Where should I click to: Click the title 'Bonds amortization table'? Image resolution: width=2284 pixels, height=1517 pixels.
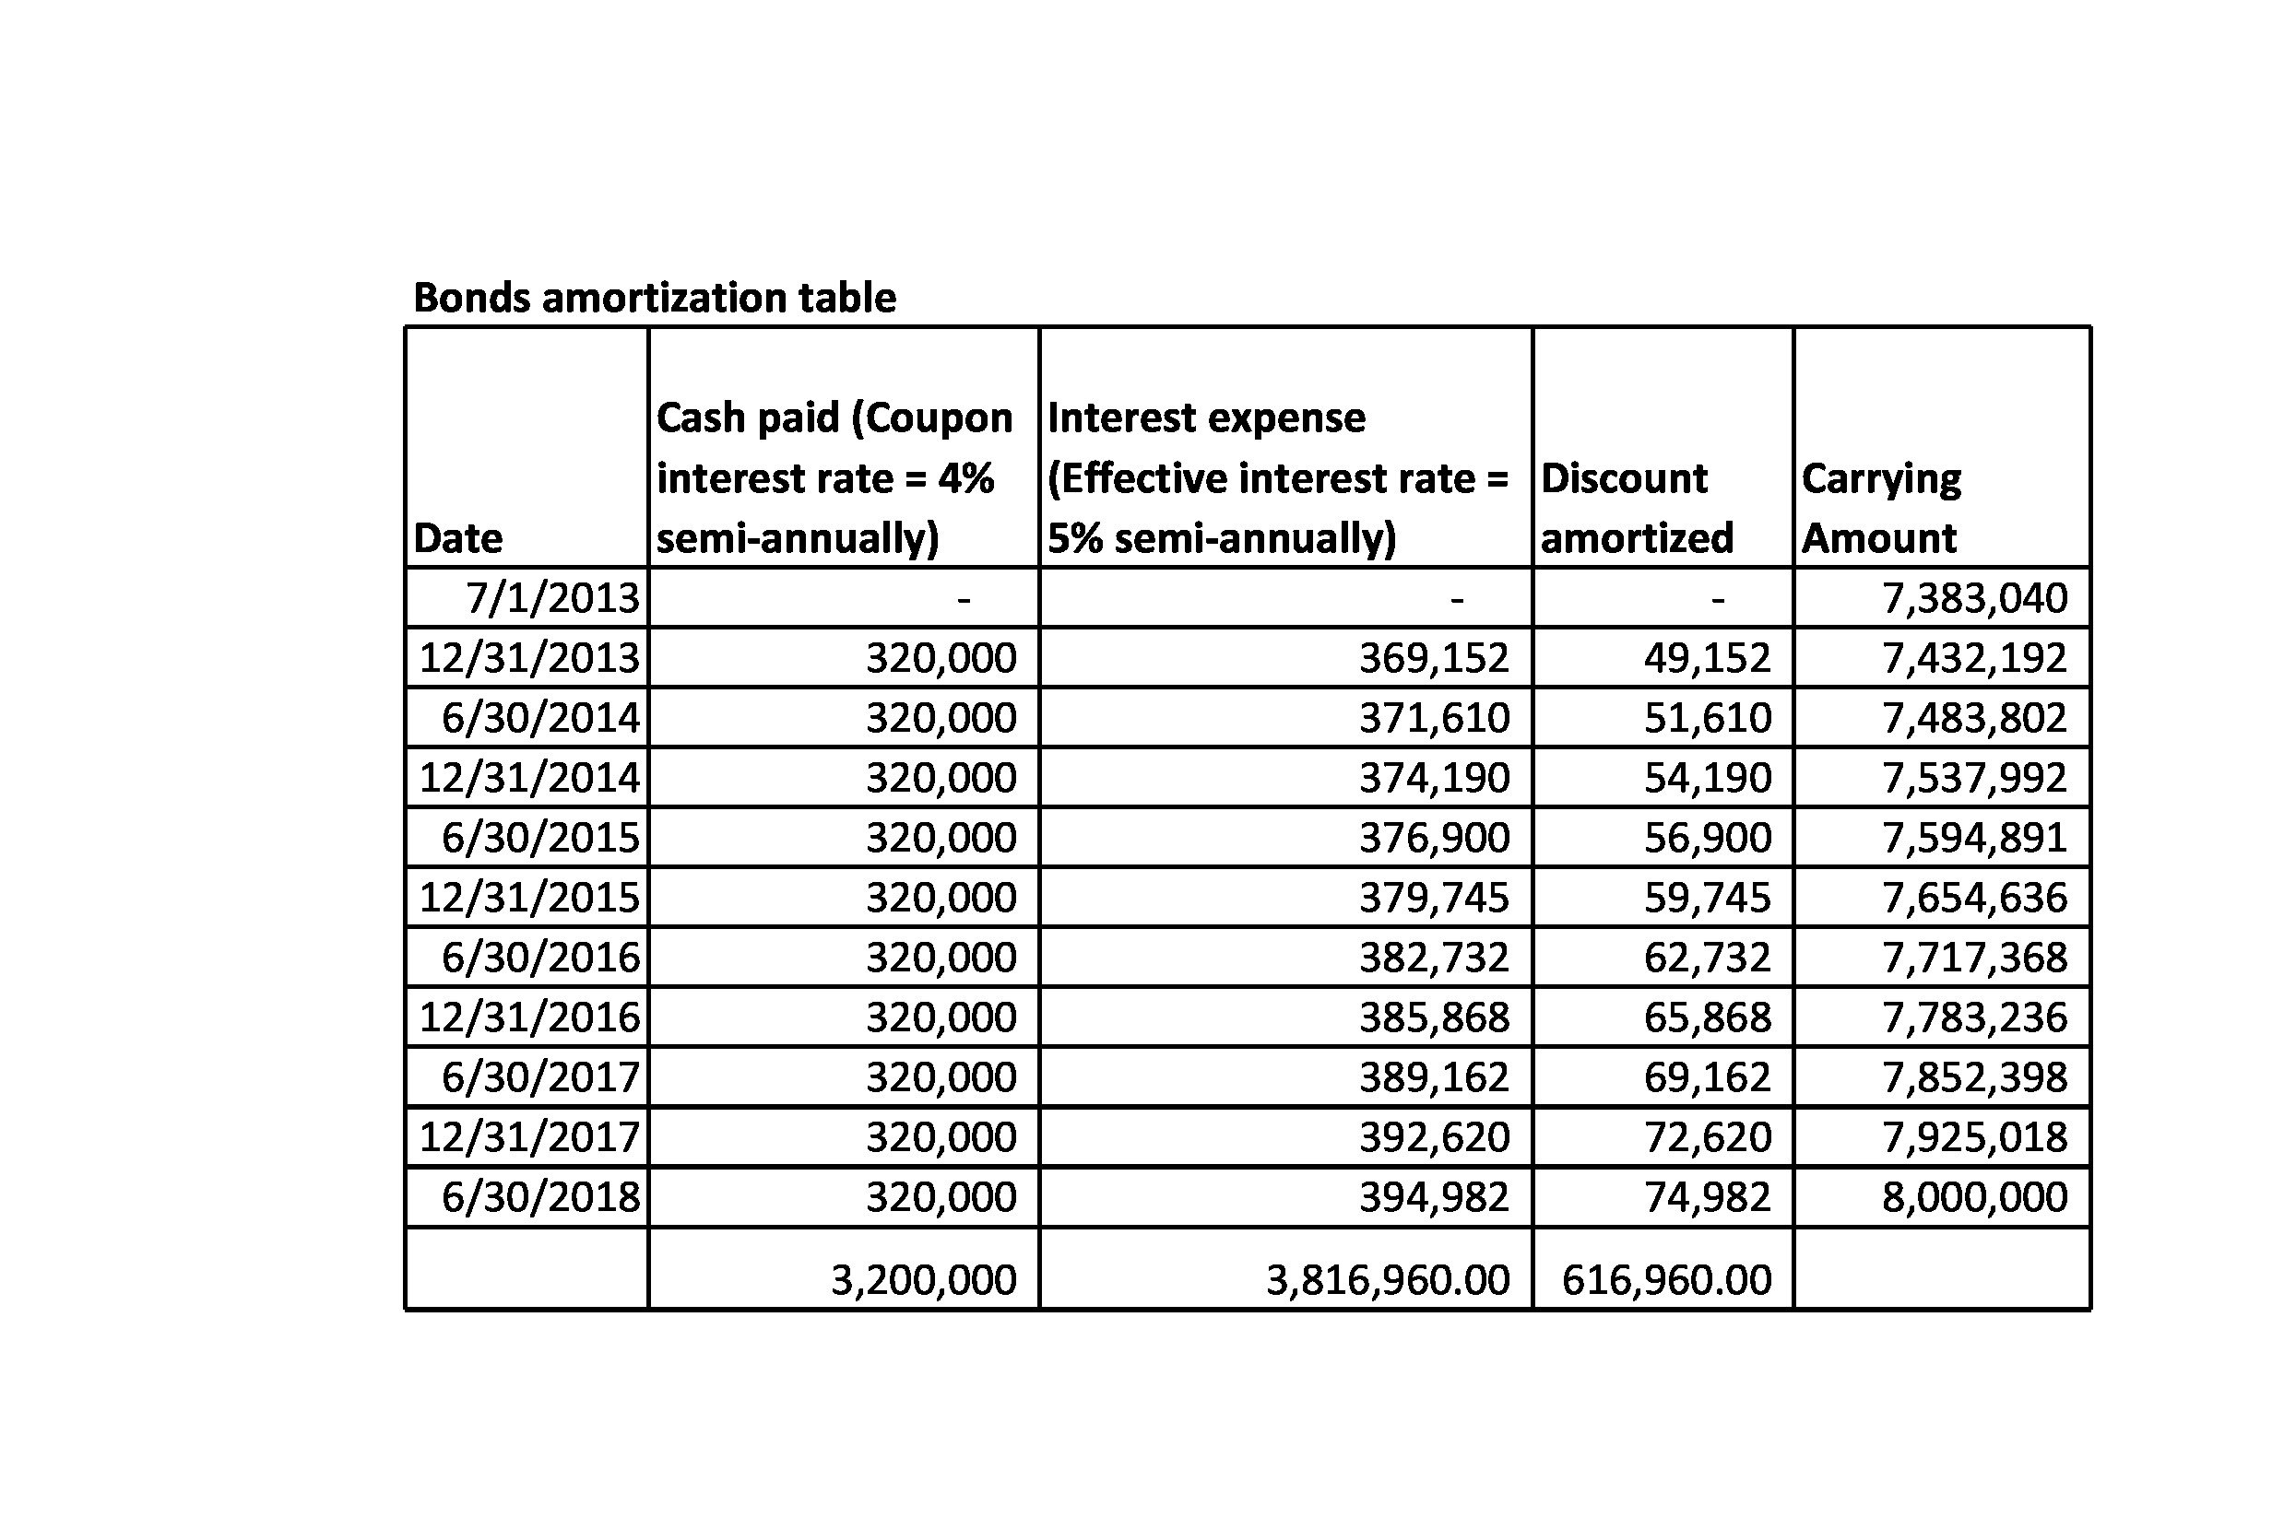(655, 297)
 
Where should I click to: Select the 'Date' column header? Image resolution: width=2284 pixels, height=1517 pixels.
(457, 538)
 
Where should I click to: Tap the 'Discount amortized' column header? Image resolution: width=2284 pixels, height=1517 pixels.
(1636, 508)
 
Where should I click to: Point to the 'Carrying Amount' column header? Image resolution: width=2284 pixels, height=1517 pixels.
(1880, 508)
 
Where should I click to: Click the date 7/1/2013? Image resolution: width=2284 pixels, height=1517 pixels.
(552, 598)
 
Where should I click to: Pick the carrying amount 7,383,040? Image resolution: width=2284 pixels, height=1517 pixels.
(1973, 598)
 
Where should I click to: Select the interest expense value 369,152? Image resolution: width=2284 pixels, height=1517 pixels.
(1433, 658)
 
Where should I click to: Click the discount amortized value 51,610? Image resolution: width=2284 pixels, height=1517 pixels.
(1707, 718)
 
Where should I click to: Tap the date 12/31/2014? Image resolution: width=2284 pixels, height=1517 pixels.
(528, 778)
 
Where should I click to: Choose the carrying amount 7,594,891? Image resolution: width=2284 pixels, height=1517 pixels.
(1973, 838)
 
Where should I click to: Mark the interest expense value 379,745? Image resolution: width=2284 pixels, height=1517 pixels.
(1433, 898)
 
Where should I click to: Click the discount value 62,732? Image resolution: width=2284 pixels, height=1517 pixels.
(1707, 958)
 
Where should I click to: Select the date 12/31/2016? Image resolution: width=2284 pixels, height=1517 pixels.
(528, 1017)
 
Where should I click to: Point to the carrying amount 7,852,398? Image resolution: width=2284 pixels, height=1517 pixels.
(1973, 1077)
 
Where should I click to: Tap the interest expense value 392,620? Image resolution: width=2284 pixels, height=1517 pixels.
(1433, 1137)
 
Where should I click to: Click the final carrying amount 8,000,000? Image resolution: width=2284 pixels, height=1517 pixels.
(1973, 1198)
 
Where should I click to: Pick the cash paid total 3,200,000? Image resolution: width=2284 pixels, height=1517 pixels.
(922, 1280)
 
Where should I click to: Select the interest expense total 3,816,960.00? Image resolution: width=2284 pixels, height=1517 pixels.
(1387, 1280)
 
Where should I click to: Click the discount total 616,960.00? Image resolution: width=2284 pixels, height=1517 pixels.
(1665, 1280)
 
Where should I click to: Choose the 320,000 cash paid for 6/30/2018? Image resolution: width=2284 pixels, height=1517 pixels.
(940, 1198)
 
